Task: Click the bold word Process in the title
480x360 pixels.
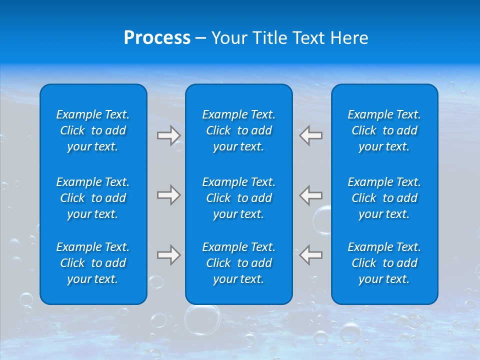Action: [x=157, y=38]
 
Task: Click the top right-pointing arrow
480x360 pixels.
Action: [x=168, y=135]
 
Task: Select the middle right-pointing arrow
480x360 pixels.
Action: [x=168, y=195]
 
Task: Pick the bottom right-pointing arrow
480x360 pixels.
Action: [x=168, y=255]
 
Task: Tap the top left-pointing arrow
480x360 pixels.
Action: [x=311, y=135]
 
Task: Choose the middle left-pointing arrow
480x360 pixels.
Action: [x=311, y=195]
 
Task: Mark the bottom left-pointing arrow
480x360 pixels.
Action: [x=311, y=255]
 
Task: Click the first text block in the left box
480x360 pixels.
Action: [x=93, y=130]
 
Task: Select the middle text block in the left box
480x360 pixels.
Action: [x=93, y=198]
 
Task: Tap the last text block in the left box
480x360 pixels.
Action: [x=93, y=263]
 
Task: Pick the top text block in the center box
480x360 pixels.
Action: [x=238, y=130]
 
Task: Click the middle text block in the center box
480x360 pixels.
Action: [x=238, y=198]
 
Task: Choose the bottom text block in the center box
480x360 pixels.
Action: [x=238, y=263]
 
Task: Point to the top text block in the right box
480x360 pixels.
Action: [x=384, y=130]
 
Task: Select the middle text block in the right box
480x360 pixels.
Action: [x=384, y=198]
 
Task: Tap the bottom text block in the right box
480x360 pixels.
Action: [x=384, y=263]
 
